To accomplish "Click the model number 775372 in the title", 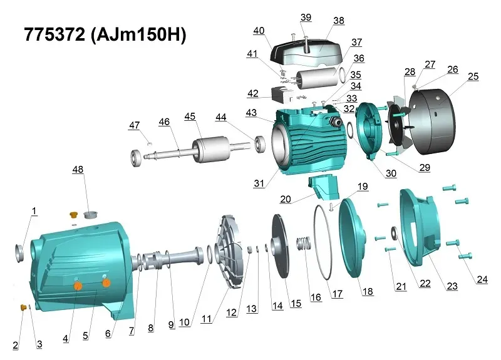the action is click(x=54, y=34).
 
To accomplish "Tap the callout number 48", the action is click(x=78, y=169).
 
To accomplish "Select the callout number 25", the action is click(x=473, y=76).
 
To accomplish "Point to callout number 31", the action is click(x=259, y=183).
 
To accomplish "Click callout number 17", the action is click(x=338, y=294).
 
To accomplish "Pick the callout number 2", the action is click(x=15, y=346).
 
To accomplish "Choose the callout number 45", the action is click(x=190, y=116).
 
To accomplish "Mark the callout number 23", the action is click(x=452, y=286).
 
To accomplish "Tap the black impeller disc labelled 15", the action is click(x=280, y=247).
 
